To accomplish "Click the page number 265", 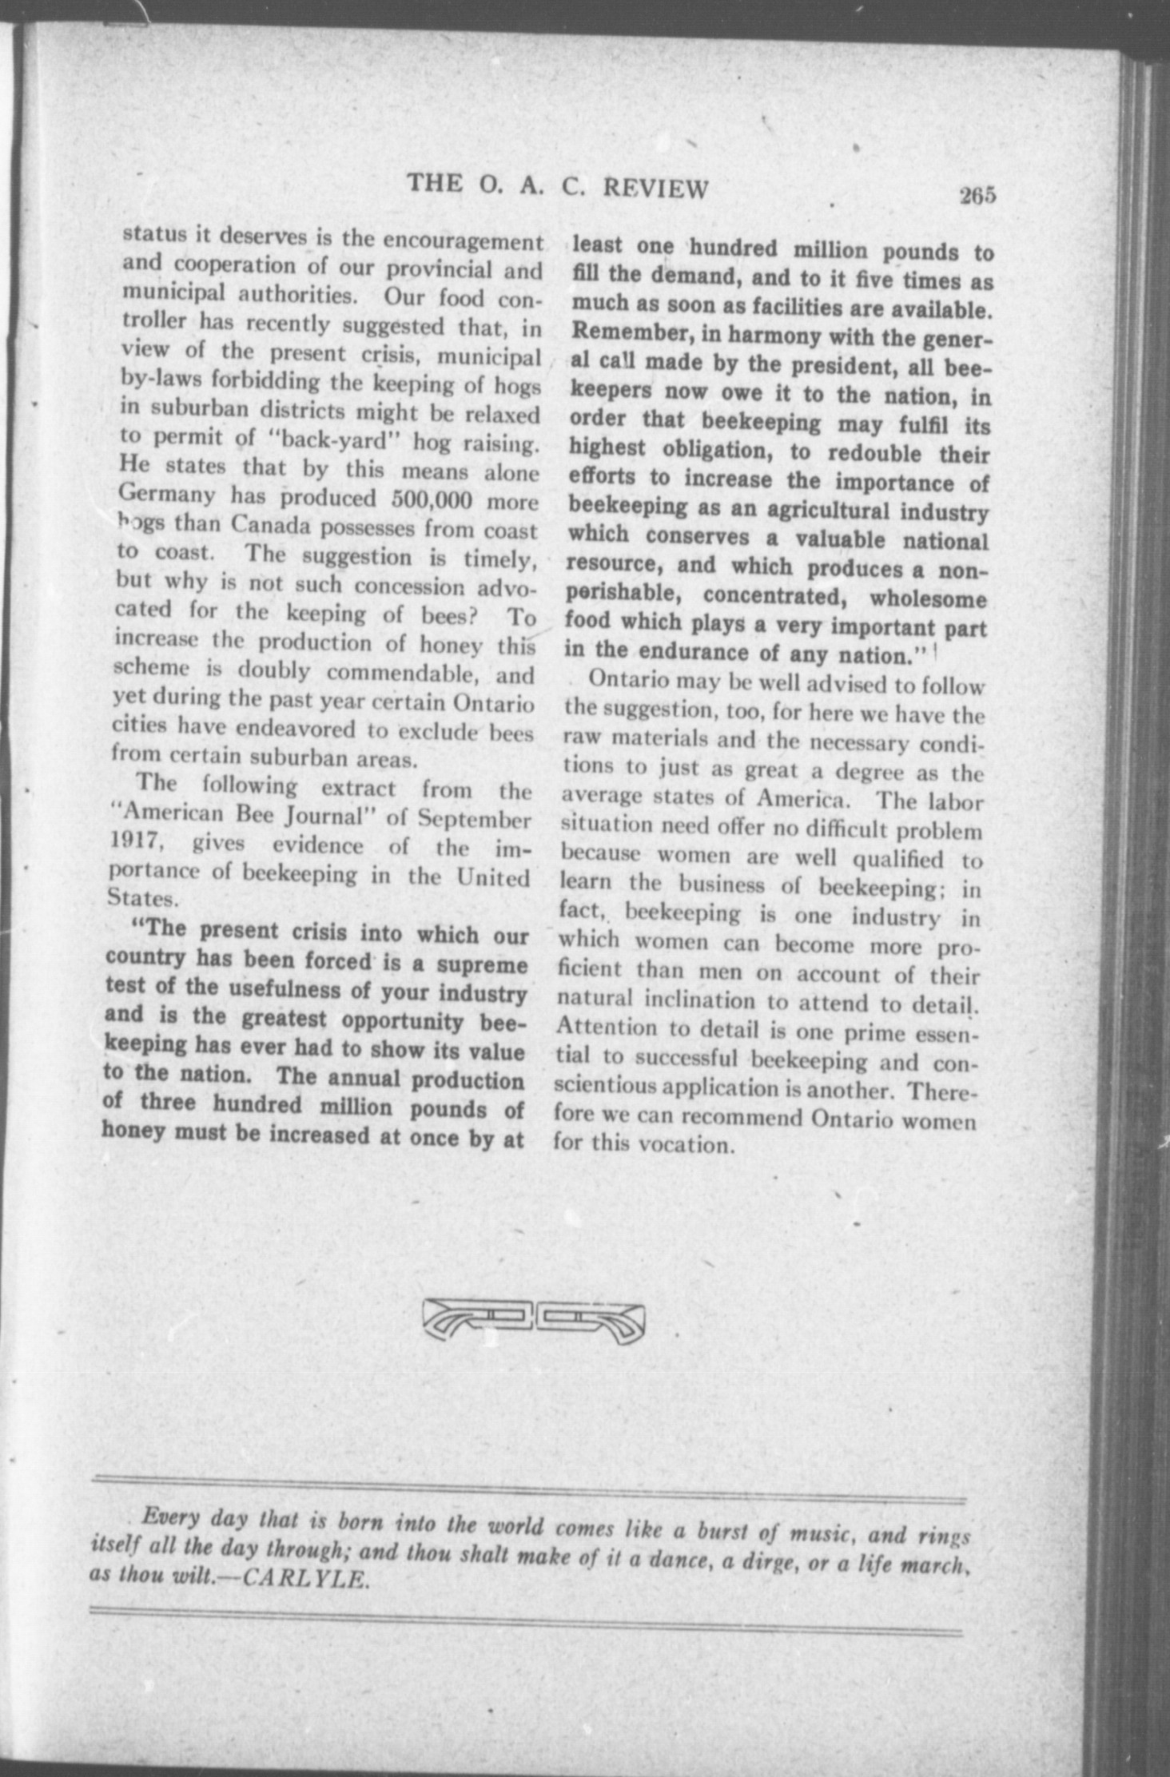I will [x=978, y=196].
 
